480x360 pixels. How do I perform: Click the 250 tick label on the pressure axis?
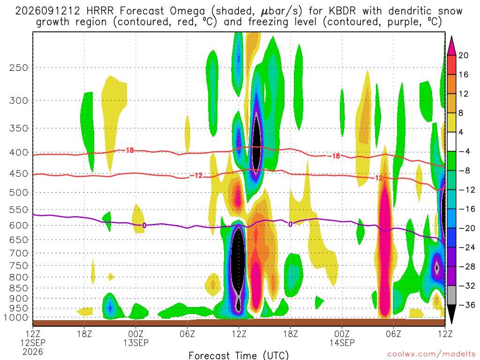point(19,67)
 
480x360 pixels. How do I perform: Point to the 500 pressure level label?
point(19,193)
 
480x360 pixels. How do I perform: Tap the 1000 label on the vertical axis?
point(16,318)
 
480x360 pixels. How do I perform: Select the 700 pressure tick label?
point(19,253)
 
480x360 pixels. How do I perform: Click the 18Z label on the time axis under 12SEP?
point(84,334)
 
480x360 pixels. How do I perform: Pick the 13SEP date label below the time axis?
point(136,343)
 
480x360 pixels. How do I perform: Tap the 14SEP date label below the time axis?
point(342,343)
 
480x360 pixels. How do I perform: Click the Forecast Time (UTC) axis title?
point(239,355)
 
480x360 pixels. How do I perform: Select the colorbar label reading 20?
point(463,55)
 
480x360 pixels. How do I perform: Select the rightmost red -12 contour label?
point(377,178)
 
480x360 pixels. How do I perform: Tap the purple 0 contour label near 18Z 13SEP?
point(290,225)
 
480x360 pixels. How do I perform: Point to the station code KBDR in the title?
point(343,11)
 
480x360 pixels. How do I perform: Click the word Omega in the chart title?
point(187,12)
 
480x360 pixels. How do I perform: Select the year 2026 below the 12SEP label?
point(33,352)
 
